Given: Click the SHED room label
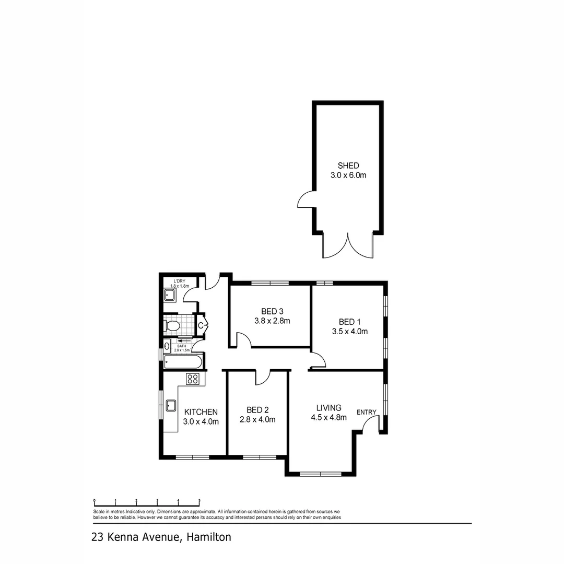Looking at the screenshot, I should tap(348, 166).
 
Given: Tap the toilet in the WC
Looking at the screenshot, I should tap(172, 326).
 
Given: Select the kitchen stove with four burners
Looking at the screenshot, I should tap(193, 379).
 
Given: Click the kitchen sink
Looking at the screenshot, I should tap(170, 406).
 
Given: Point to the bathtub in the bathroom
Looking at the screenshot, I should tap(182, 362).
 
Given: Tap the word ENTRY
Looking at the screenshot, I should tap(367, 412).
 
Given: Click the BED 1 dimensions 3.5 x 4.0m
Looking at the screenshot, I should tap(349, 331).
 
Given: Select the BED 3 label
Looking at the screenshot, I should tap(272, 311).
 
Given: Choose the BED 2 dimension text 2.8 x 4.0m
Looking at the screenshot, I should tap(257, 419).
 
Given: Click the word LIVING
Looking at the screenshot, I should tap(328, 407).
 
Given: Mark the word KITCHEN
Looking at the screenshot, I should tap(201, 412).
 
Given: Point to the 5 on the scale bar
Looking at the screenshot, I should tap(199, 500).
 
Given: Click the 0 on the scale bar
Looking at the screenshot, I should tap(94, 500).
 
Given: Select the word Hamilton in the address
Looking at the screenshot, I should tap(208, 537).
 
